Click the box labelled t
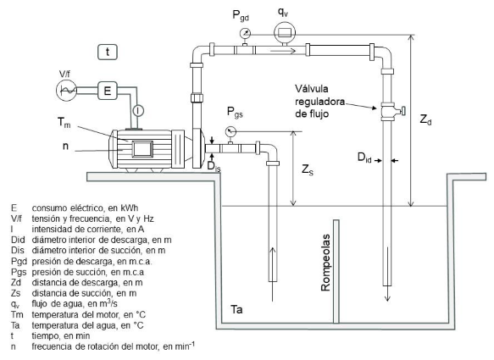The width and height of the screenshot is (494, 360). tap(108, 52)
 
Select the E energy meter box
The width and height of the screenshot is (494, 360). tap(108, 91)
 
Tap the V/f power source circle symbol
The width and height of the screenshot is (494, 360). tap(66, 91)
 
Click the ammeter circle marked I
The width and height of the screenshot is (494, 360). tap(138, 111)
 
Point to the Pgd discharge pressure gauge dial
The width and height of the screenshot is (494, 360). tap(245, 33)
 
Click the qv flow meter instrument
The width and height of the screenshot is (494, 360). tap(285, 33)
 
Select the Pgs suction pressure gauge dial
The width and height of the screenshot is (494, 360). tap(231, 131)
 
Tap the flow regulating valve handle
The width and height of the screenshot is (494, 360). tap(402, 111)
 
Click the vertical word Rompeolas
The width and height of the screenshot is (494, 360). tap(325, 263)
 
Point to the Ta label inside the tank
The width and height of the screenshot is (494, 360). tap(236, 309)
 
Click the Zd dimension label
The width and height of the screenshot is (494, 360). tap(425, 119)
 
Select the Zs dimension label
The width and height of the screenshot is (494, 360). tap(308, 169)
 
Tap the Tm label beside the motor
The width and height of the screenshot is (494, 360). tap(64, 122)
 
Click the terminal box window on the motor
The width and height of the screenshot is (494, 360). tap(142, 149)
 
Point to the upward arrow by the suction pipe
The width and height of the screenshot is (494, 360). tap(273, 274)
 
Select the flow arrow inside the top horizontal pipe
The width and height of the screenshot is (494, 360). tap(283, 51)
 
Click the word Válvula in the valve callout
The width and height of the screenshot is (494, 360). tap(312, 88)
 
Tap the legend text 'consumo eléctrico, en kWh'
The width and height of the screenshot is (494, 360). tap(85, 208)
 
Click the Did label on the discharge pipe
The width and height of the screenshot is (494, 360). tap(364, 158)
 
